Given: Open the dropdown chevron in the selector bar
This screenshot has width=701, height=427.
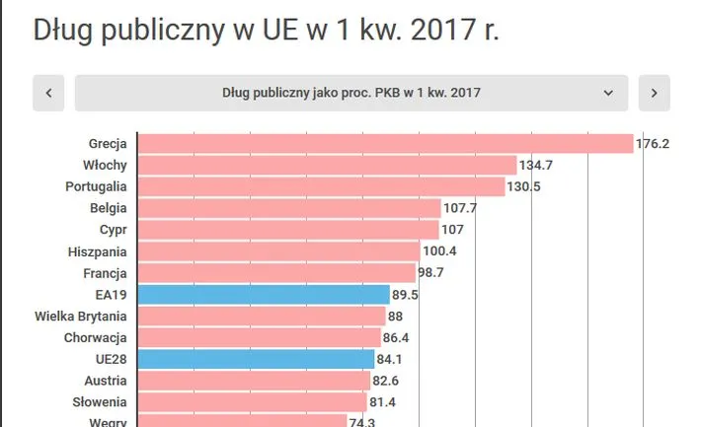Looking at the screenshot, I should point(608,94).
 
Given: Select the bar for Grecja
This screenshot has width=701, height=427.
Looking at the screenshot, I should point(384,144).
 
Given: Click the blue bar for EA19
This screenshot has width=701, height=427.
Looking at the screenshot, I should point(264,294).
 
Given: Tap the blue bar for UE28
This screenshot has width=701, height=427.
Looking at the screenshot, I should point(256,359).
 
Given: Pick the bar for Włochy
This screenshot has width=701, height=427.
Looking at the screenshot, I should point(327,165).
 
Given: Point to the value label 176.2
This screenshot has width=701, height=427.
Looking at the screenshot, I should point(653,144).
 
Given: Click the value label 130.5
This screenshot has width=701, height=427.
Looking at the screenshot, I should point(524,186).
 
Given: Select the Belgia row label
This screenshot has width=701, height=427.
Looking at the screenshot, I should point(107,208).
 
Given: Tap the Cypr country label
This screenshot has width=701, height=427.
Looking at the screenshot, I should point(113,230).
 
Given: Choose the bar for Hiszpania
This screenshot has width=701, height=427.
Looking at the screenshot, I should point(277,251).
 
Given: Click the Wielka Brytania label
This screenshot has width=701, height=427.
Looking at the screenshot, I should point(80,316).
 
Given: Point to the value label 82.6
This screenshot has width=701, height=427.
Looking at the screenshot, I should point(385,381).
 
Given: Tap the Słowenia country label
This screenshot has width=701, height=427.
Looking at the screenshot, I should point(100,402).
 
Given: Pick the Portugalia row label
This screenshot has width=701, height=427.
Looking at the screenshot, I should point(96,186).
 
